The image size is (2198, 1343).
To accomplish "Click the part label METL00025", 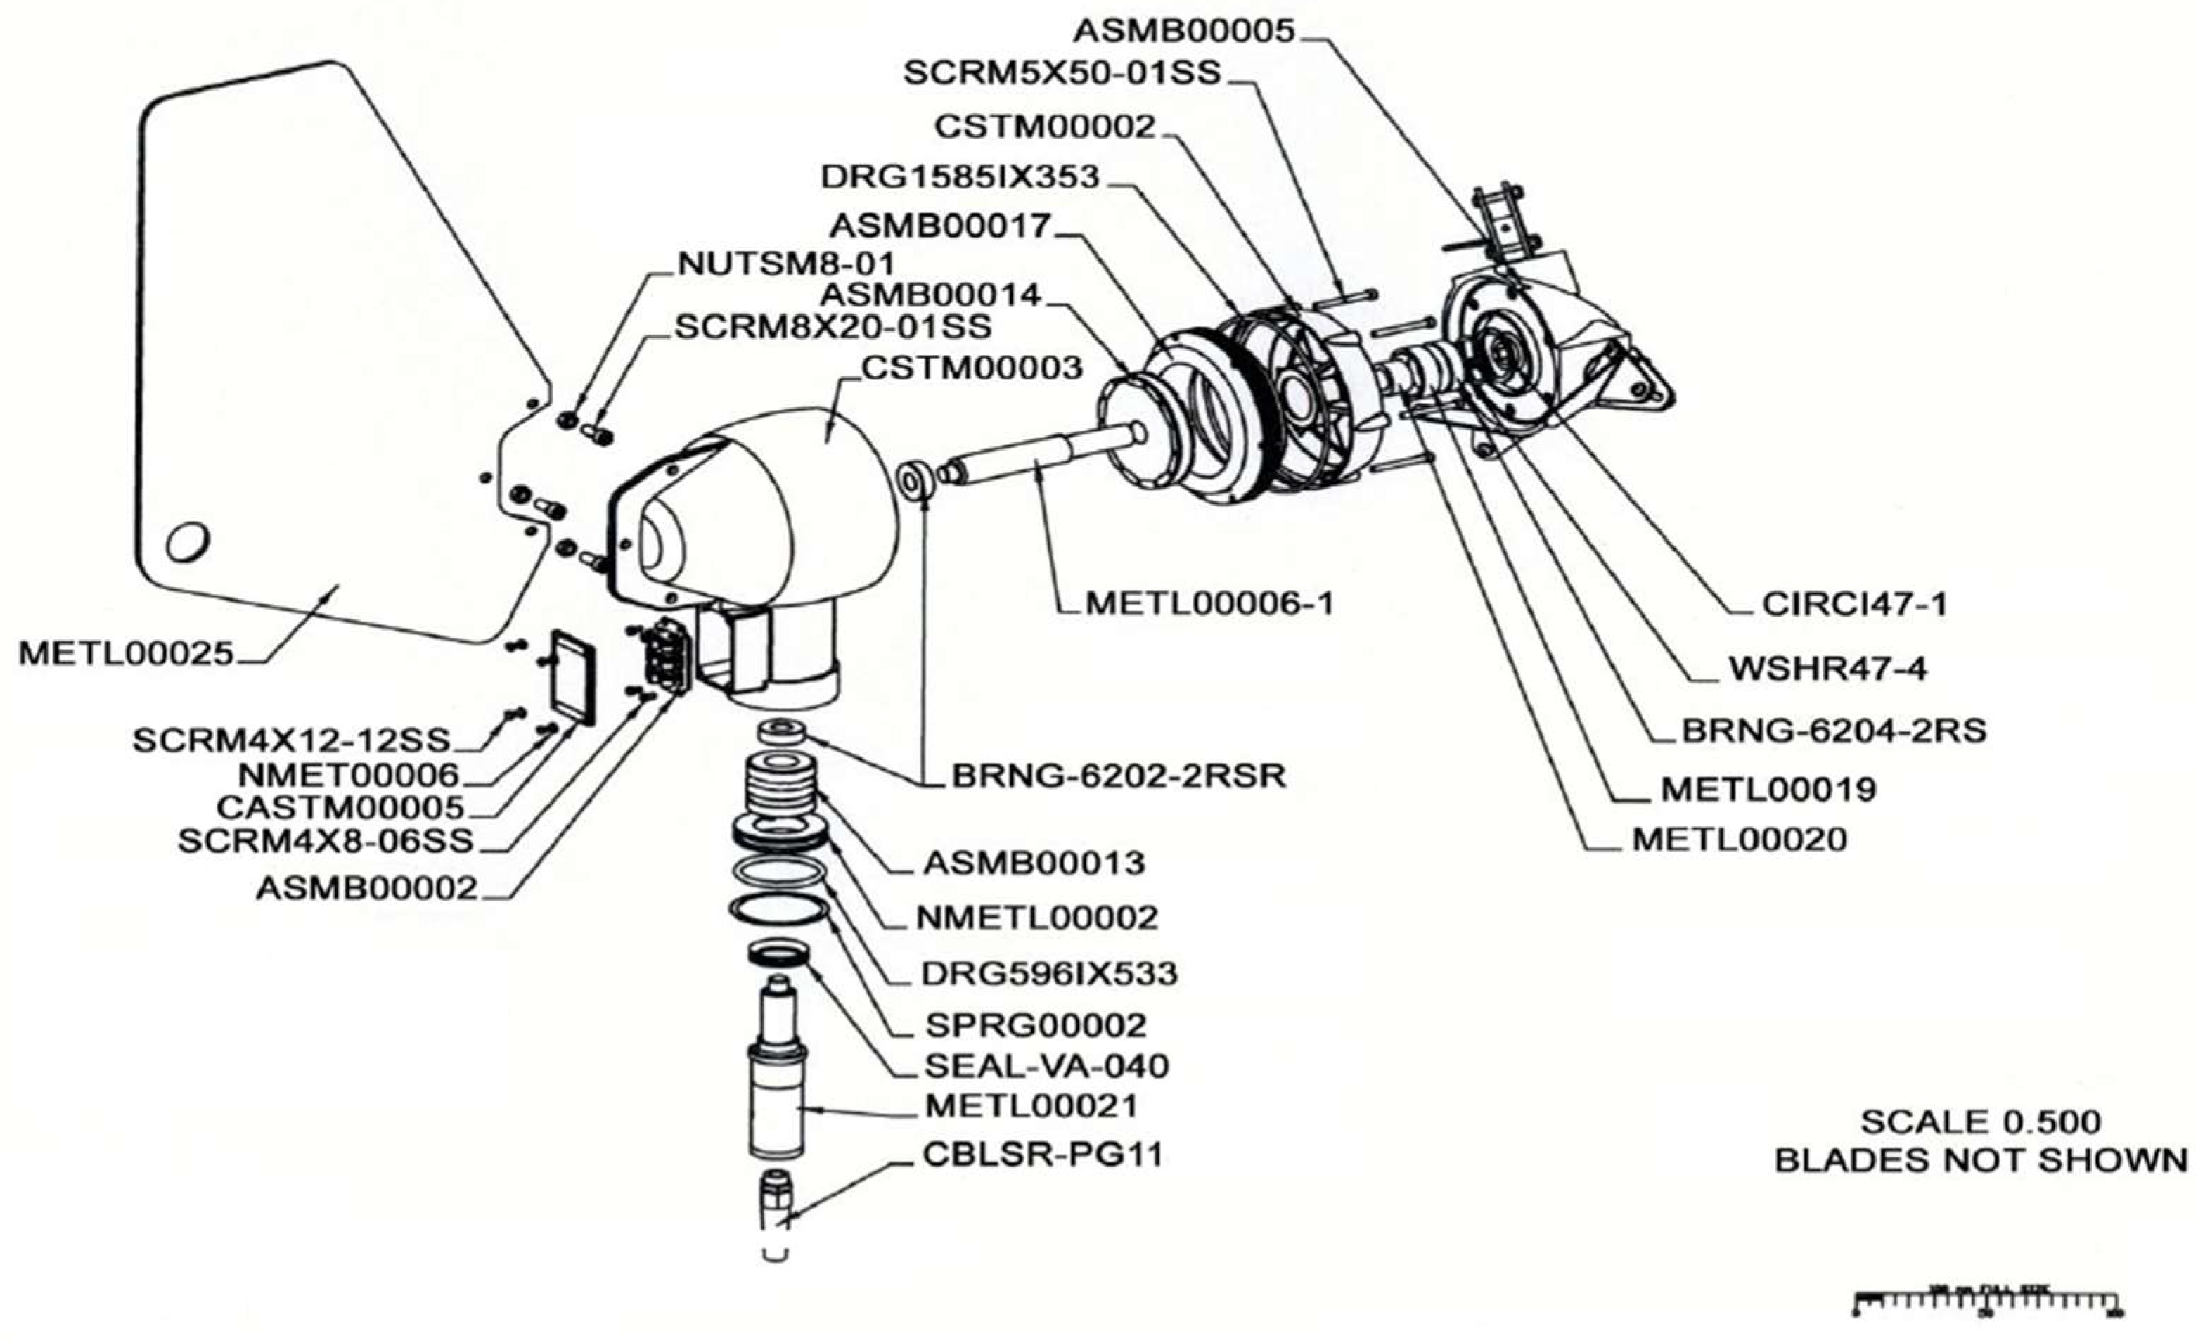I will coord(126,654).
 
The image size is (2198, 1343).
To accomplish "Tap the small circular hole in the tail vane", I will coord(187,541).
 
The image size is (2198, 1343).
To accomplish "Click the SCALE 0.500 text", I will coord(1979,1121).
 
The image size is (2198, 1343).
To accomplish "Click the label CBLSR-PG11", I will coord(1043,1155).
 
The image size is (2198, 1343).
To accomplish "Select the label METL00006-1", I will coord(1209,605).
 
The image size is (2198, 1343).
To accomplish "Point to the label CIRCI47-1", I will coord(1853,605).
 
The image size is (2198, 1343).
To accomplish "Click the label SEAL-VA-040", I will coord(1046,1066).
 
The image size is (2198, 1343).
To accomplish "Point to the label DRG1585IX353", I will coord(960,177).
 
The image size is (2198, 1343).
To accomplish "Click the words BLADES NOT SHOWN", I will coord(1980,1161).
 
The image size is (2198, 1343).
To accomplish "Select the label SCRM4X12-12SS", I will coord(292,740).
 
